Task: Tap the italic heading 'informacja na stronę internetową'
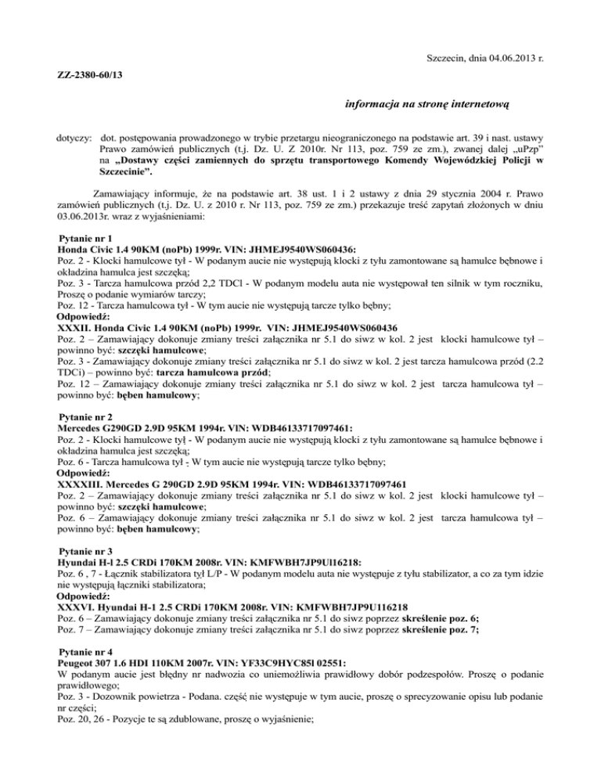(426, 103)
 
